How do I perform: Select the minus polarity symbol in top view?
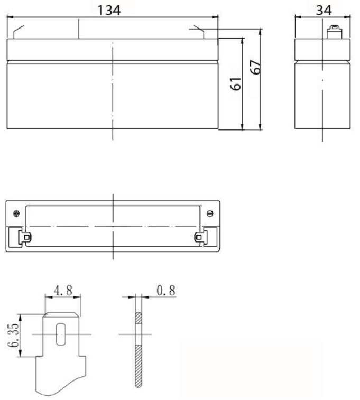tap(210, 213)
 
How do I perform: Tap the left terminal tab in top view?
tap(25, 237)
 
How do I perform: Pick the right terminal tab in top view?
tap(200, 237)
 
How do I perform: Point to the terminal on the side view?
tap(333, 31)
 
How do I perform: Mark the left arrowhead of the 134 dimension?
tap(9, 17)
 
